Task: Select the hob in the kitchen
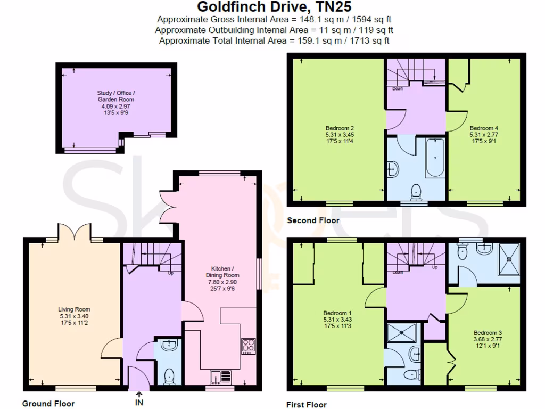tap(249, 346)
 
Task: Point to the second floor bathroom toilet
tap(415, 191)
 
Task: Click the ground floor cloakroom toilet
tap(170, 375)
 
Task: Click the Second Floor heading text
tap(313, 220)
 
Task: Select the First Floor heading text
tap(307, 405)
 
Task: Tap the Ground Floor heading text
tap(48, 404)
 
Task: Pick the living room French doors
tap(75, 233)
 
